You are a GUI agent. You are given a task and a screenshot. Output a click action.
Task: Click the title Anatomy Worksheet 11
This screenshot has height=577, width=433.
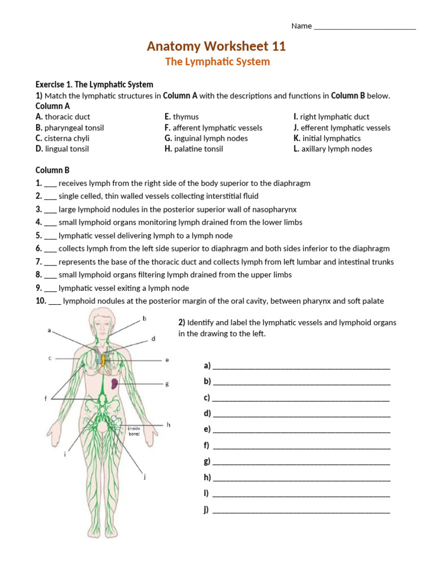[216, 46]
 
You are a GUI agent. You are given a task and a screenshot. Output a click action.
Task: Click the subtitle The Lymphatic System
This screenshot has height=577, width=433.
[217, 62]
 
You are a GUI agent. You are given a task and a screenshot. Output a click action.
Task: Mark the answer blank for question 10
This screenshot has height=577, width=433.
[55, 301]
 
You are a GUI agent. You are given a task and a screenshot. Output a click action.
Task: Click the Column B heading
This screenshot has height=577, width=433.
[52, 170]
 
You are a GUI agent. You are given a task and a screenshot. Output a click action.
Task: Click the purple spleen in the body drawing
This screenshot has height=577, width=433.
[114, 384]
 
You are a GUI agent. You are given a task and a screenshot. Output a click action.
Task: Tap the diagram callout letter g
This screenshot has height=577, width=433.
[167, 384]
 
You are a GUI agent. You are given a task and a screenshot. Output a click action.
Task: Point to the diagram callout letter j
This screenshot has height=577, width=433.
[145, 477]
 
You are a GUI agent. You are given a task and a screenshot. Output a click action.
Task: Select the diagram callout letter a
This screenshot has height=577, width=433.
[50, 331]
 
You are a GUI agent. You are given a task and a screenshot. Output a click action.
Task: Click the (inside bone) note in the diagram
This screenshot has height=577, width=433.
[134, 431]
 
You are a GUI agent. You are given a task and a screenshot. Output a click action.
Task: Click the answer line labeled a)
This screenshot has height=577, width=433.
[302, 366]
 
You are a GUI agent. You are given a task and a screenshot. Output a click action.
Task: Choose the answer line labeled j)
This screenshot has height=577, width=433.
[302, 511]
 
